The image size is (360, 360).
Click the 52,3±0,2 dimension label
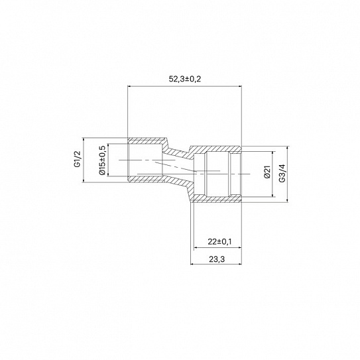[185, 79]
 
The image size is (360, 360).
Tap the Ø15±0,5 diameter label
[102, 160]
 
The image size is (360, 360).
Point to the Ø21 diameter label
[267, 172]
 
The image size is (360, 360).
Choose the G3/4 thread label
[282, 173]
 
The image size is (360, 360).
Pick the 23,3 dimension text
[217, 259]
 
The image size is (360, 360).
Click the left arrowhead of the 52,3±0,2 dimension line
[129, 86]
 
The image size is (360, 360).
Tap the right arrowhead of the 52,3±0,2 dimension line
[240, 86]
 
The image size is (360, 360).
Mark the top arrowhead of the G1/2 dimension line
[84, 139]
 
